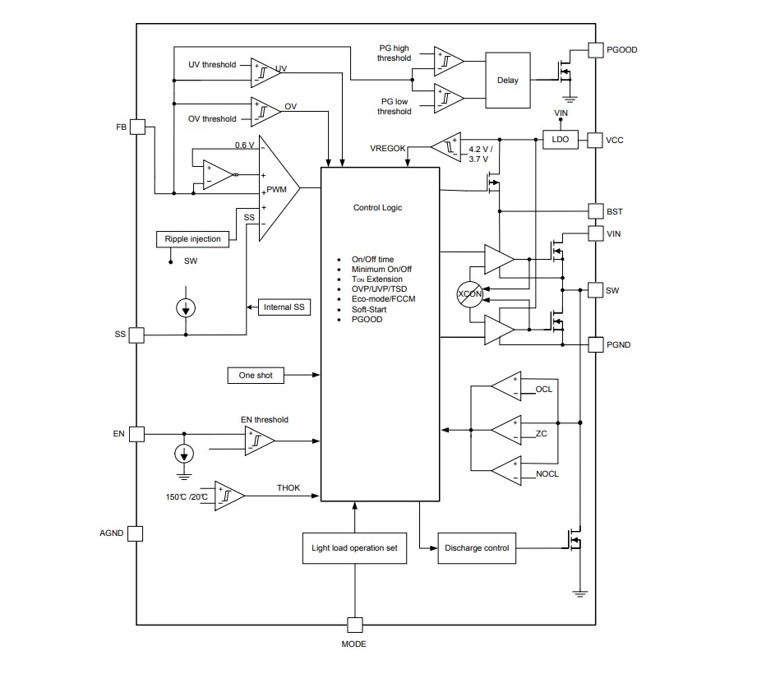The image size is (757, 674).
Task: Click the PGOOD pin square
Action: [x=595, y=50]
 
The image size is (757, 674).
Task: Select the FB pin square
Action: [x=138, y=127]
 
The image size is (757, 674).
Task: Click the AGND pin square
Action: [x=136, y=533]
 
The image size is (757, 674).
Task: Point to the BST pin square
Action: [x=595, y=211]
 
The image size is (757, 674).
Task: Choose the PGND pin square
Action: [x=595, y=344]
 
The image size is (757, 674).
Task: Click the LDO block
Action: [x=560, y=140]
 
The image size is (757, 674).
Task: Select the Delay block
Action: [x=508, y=81]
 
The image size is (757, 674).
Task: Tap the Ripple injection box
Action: [x=192, y=239]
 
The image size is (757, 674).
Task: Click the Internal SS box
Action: [x=284, y=307]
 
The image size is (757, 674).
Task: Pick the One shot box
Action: [x=255, y=376]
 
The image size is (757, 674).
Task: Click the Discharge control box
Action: [x=477, y=548]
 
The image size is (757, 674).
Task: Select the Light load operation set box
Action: [x=354, y=548]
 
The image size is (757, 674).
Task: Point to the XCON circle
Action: [x=470, y=294]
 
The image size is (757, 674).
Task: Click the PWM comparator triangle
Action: [x=277, y=189]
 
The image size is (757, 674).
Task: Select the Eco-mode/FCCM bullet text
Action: [x=383, y=299]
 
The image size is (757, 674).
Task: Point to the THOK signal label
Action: [x=288, y=487]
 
